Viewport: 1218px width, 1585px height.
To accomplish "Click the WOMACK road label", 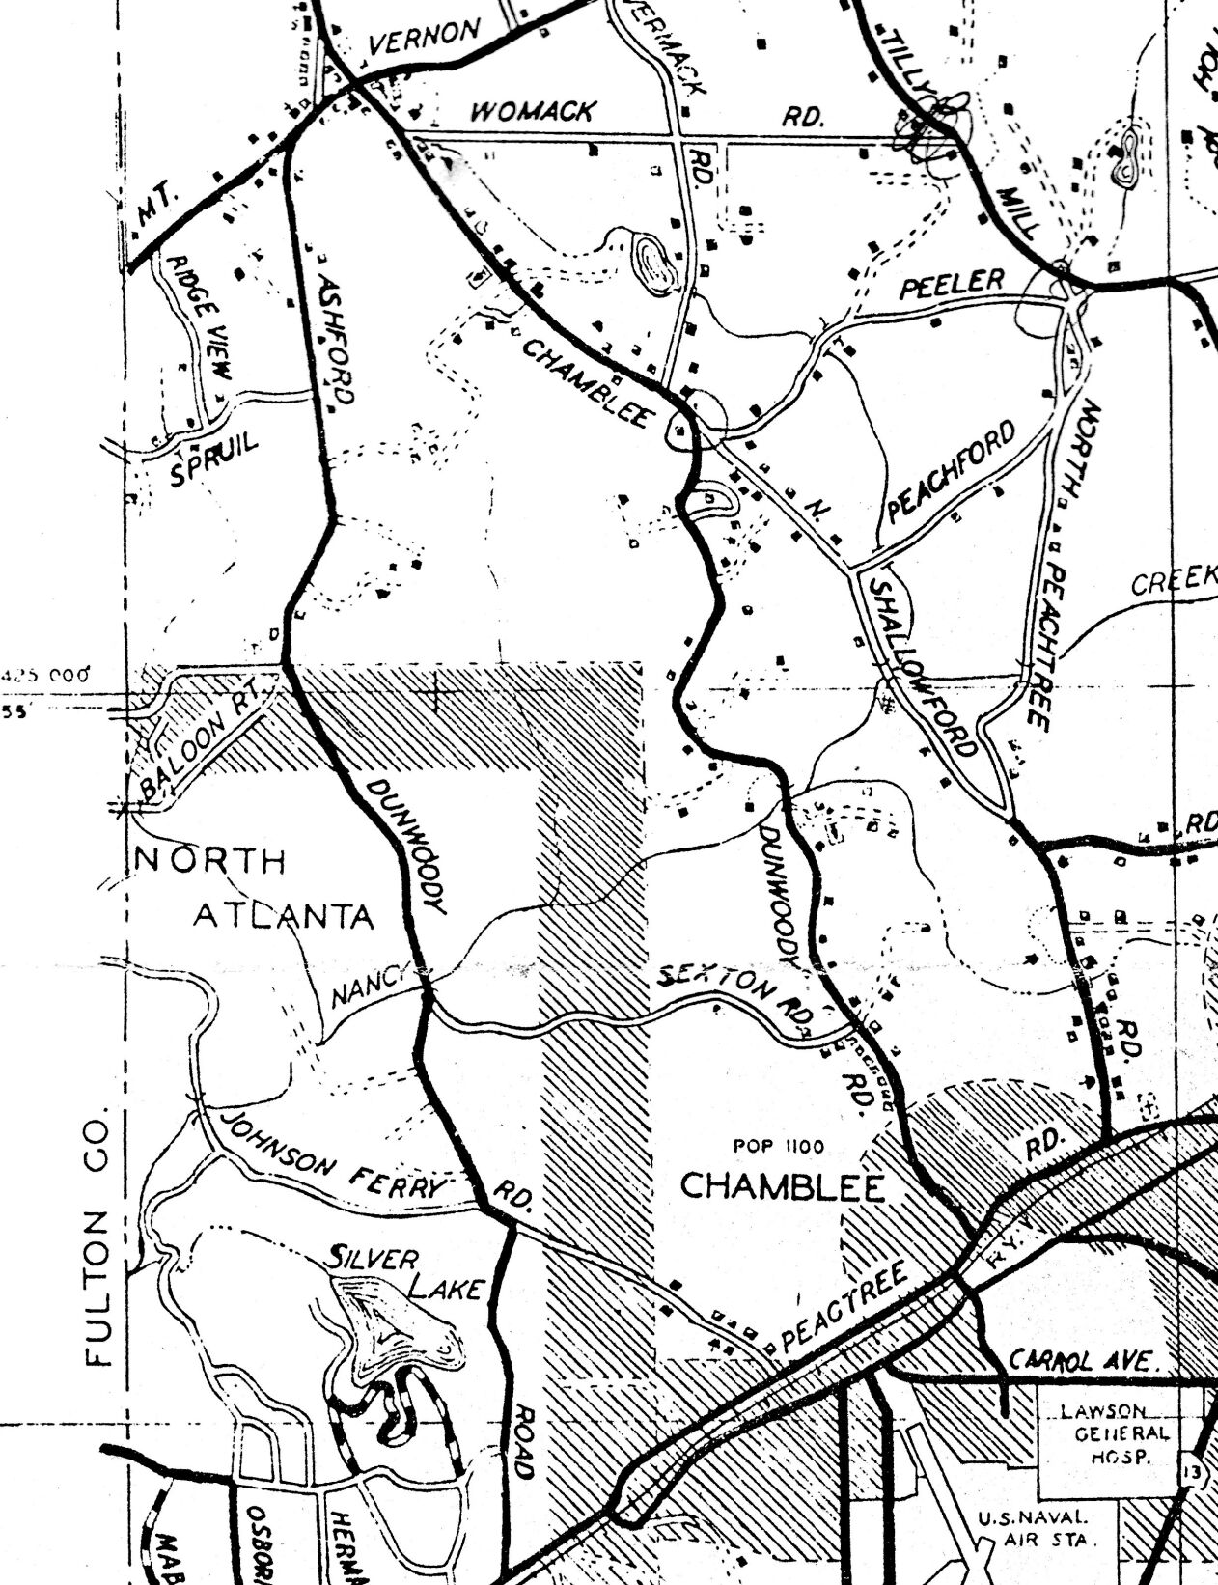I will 532,111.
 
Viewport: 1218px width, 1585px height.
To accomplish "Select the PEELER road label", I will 953,284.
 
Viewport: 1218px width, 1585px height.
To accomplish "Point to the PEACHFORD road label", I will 953,472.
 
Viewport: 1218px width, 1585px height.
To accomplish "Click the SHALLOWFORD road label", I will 923,666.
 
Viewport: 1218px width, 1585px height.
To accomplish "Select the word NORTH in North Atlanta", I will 211,859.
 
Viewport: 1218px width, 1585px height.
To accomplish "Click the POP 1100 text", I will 778,1147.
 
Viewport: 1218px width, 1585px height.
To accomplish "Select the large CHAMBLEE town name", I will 783,1186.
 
